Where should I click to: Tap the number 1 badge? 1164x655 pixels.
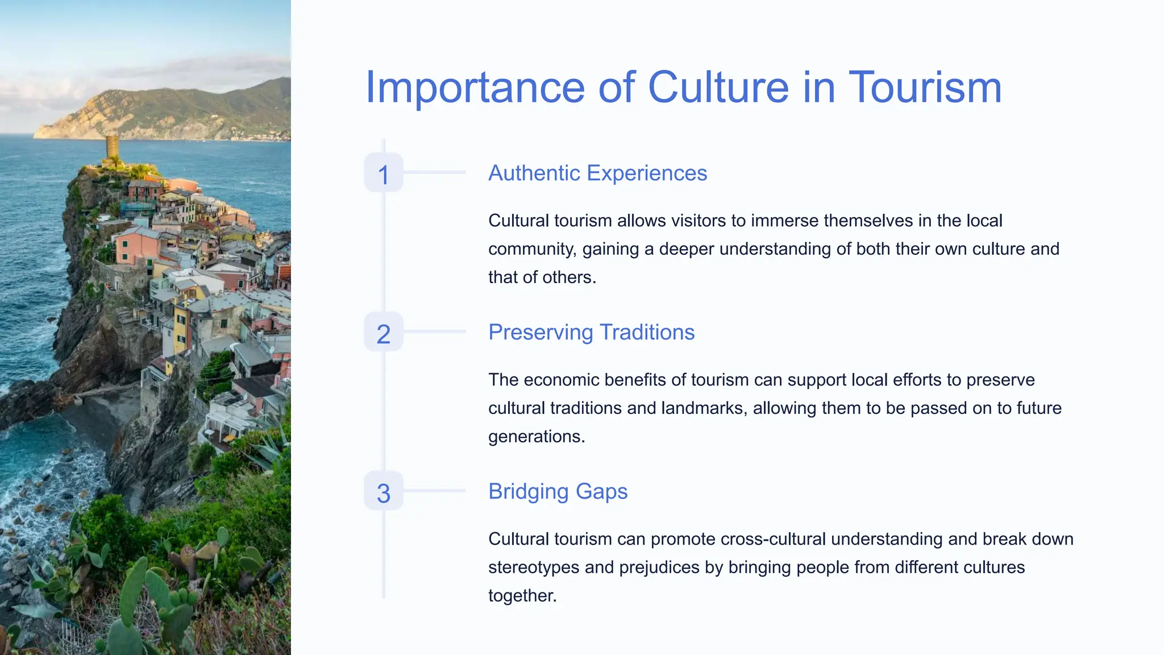click(x=384, y=173)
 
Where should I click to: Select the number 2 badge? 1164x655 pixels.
click(x=384, y=332)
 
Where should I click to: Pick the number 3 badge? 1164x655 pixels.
click(x=384, y=491)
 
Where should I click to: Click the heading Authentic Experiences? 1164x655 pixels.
click(x=597, y=173)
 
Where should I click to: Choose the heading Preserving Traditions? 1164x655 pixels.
click(x=591, y=332)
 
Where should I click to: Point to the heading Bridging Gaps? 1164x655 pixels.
click(x=558, y=491)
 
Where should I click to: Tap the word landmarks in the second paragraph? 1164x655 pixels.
click(x=702, y=408)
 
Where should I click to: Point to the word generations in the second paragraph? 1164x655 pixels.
click(x=535, y=437)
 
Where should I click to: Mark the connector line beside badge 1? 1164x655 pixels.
click(x=434, y=172)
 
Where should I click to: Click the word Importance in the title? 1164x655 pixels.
click(x=475, y=88)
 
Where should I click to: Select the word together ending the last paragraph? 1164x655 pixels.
click(x=521, y=596)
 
